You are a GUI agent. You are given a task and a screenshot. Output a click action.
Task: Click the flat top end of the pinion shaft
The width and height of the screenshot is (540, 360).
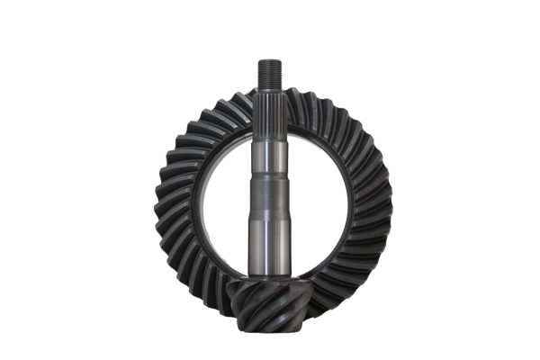pyautogui.click(x=270, y=57)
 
